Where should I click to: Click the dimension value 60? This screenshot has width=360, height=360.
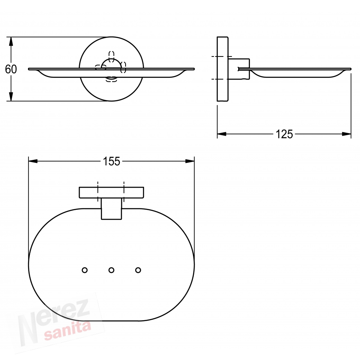point(11,69)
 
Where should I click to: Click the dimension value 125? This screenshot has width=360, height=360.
point(284,134)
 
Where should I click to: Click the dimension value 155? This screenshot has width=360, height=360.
point(111,162)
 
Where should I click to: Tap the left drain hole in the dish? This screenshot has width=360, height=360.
point(85,270)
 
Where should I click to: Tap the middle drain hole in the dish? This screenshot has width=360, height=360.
point(111,270)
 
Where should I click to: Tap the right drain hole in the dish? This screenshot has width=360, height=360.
point(138,270)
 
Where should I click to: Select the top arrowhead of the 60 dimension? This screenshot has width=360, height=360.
point(10,41)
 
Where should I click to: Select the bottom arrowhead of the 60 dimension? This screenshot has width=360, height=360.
point(10,96)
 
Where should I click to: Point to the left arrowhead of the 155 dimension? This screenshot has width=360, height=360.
point(33,161)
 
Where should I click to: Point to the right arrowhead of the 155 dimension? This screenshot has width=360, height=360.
point(190,161)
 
